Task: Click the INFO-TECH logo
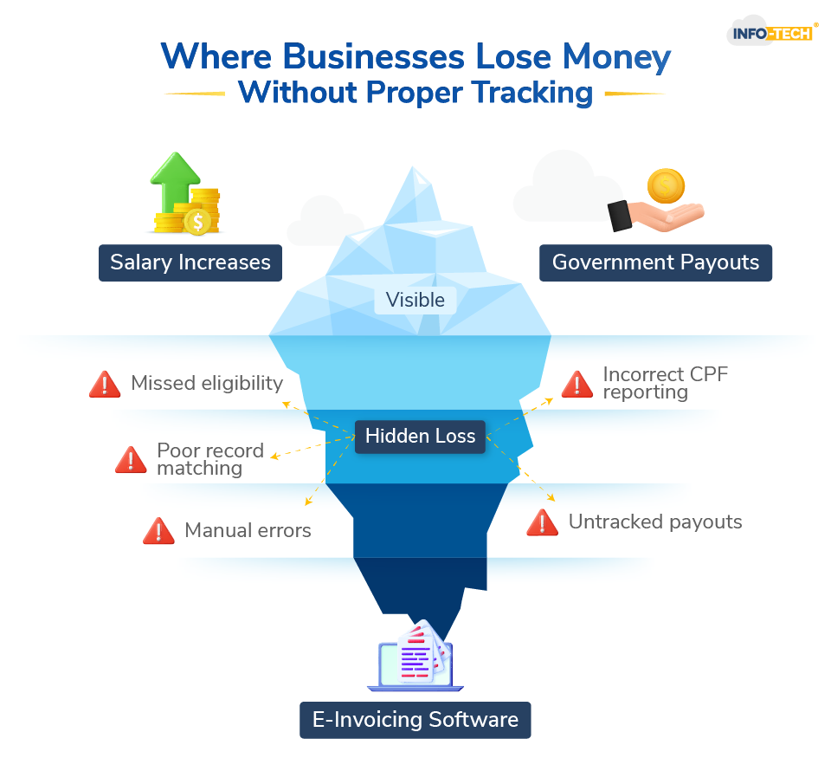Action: tap(773, 33)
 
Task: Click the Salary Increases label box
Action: tap(190, 262)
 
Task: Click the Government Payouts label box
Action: tap(655, 262)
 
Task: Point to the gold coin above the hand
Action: tap(666, 185)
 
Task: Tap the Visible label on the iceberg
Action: tap(415, 300)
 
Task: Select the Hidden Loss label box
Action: tap(420, 437)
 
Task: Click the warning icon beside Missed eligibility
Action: tap(105, 384)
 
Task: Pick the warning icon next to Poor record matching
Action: tap(131, 460)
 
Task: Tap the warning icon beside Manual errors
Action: tap(158, 530)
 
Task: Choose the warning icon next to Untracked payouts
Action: tap(543, 522)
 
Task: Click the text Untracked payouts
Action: tap(655, 522)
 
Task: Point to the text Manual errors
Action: tap(248, 530)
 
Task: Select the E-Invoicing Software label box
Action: tap(415, 719)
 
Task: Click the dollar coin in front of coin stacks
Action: tap(198, 222)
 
